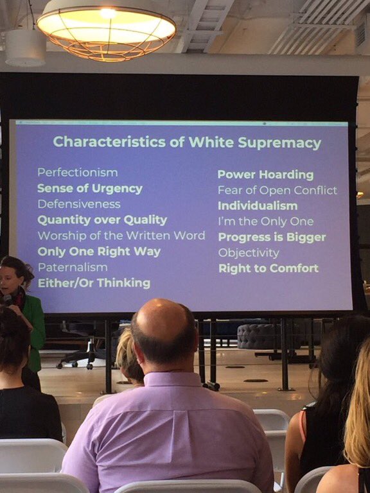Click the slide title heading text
(x=188, y=142)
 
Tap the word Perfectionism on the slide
(x=77, y=173)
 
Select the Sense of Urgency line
(x=89, y=189)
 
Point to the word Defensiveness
(x=78, y=204)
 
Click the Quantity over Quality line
(x=101, y=220)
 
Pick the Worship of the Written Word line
(x=121, y=236)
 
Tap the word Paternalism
(x=73, y=267)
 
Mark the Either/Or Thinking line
(x=94, y=283)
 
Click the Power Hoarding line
(x=265, y=175)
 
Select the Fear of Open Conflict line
(x=277, y=190)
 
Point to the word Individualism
(x=257, y=206)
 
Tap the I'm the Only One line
(x=265, y=221)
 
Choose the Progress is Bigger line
(x=271, y=238)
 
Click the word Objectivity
(x=249, y=253)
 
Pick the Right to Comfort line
(x=268, y=268)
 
